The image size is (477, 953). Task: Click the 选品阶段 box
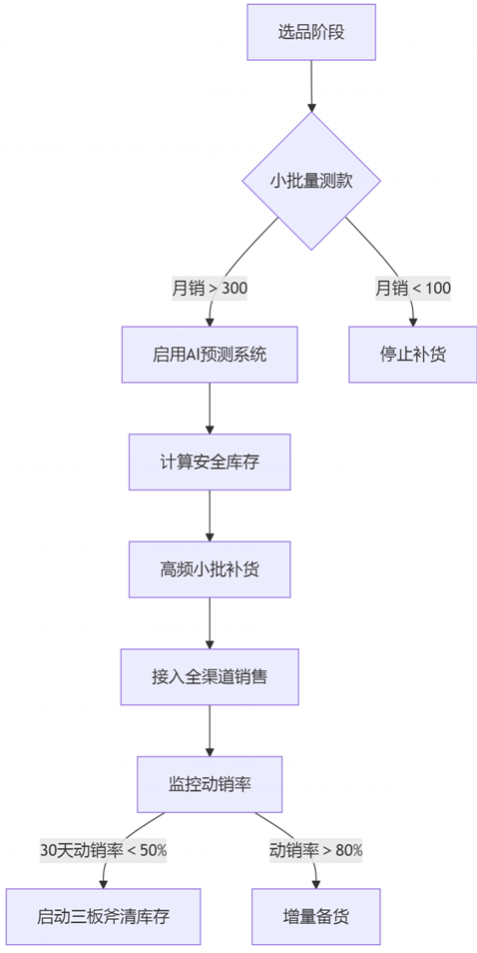[x=311, y=32]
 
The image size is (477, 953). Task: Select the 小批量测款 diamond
[x=311, y=181]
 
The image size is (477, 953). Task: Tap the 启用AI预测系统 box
[x=210, y=355]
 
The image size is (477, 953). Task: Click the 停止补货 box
[x=412, y=355]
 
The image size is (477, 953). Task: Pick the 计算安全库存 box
[x=210, y=462]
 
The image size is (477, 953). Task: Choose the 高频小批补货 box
[x=210, y=569]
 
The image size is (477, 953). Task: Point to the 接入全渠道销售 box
[x=210, y=676]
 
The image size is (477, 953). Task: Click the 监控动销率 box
[x=210, y=784]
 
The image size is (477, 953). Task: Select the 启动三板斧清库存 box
[x=104, y=916]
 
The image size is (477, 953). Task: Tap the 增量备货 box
[x=316, y=916]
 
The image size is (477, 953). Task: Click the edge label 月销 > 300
[x=210, y=289]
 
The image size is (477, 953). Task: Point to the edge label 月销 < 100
[x=412, y=289]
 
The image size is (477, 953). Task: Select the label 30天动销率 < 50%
[x=104, y=850]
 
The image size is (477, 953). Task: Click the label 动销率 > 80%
[x=316, y=850]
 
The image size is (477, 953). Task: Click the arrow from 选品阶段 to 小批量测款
[x=311, y=86]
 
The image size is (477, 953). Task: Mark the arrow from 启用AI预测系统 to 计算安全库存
[x=210, y=408]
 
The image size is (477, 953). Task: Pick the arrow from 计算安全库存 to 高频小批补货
[x=210, y=515]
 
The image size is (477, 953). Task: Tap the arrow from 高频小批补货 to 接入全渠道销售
[x=210, y=622]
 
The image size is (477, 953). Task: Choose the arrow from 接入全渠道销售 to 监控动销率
[x=210, y=730]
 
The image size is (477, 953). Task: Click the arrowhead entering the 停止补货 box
[x=412, y=321]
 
